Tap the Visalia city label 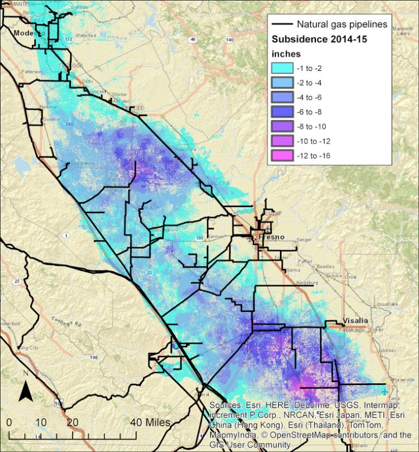[x=356, y=321]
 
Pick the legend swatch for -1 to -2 [x=285, y=67]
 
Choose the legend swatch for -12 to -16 [x=285, y=155]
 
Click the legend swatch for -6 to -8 [x=285, y=111]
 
